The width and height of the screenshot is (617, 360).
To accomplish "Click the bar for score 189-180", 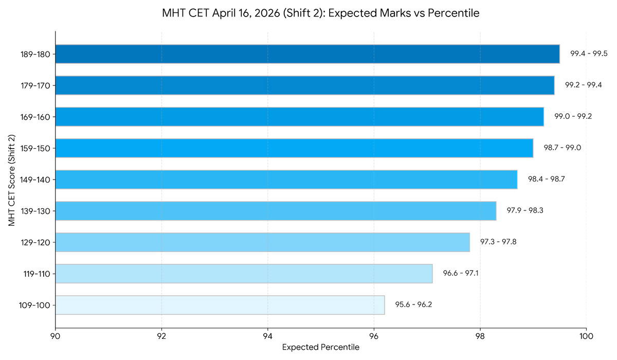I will [307, 54].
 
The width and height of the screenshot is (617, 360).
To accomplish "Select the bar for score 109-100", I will [220, 305].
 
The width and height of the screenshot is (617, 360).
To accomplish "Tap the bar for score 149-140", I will [286, 179].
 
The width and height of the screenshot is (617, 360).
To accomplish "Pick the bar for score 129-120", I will [262, 242].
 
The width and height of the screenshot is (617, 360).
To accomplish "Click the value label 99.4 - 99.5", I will [589, 53].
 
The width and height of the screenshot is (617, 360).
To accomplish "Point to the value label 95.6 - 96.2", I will [413, 304].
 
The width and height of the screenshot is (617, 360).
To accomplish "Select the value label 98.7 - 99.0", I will [562, 148].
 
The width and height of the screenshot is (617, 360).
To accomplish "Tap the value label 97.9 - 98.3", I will [525, 210].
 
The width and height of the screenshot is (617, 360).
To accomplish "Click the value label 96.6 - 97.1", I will [461, 273].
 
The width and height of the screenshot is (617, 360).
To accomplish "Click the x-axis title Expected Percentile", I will [321, 348].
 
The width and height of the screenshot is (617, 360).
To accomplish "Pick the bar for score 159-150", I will [294, 148].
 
